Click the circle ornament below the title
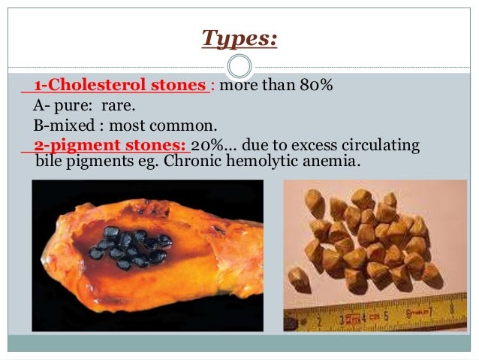pos(239,66)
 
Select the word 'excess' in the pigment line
pos(318,145)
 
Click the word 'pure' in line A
pos(68,106)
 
